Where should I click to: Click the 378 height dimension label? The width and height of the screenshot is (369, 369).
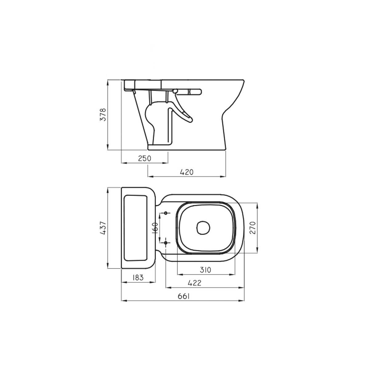[x=103, y=114]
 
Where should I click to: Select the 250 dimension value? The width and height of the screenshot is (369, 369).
[x=145, y=158]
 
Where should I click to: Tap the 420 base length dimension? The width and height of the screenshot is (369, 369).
[x=187, y=172]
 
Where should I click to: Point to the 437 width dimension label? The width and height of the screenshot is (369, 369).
[x=103, y=228]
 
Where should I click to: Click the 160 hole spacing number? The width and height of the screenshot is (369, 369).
[x=155, y=228]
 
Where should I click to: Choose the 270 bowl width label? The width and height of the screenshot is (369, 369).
[x=252, y=228]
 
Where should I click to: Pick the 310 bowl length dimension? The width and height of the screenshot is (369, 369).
[x=205, y=270]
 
